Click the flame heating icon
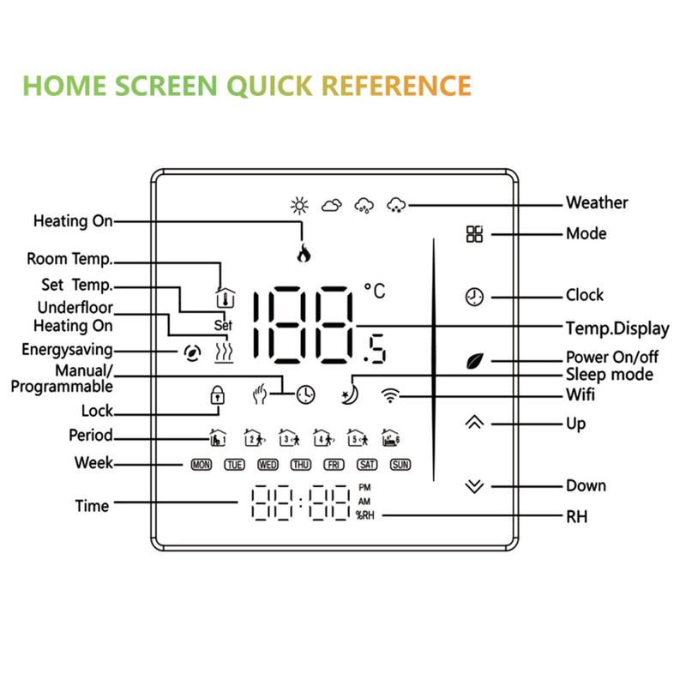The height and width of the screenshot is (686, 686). (x=303, y=253)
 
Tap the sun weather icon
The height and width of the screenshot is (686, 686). (x=298, y=205)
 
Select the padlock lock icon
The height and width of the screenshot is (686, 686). (x=218, y=395)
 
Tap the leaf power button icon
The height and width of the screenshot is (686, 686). (x=474, y=361)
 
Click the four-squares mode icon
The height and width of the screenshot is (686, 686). (x=474, y=234)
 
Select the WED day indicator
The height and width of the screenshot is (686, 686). (x=268, y=465)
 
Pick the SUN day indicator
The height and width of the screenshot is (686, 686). (x=400, y=465)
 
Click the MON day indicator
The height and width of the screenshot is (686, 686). (x=201, y=465)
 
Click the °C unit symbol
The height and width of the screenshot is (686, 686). (x=375, y=292)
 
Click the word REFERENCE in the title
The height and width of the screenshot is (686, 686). (x=395, y=86)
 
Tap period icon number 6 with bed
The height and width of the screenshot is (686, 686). (x=391, y=437)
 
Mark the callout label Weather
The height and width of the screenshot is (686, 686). (x=597, y=203)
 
